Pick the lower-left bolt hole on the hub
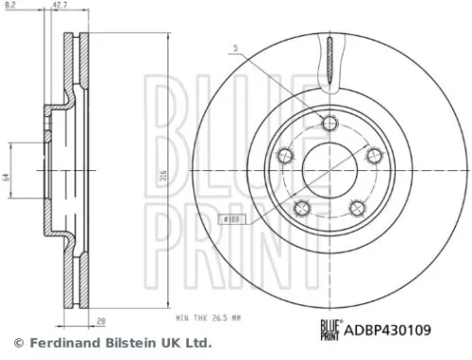click(302, 208)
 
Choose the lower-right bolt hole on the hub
click(356, 208)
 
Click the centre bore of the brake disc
click(329, 170)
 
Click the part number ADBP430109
click(389, 332)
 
